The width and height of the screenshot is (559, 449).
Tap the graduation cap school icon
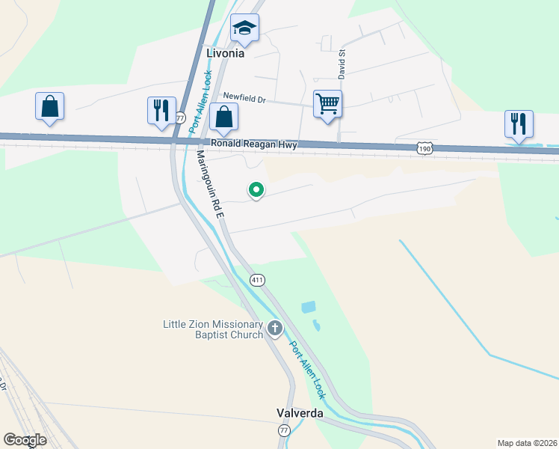click(244, 29)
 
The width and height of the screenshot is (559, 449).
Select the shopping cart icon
click(327, 104)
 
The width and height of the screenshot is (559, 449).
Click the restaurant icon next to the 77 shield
click(161, 111)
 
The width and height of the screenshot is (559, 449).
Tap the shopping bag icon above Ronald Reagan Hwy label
click(223, 117)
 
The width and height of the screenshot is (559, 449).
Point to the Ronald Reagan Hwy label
click(254, 144)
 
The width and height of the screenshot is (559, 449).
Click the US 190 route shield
click(424, 150)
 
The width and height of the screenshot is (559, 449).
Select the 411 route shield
click(257, 280)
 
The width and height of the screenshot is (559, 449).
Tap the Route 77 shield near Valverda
click(283, 430)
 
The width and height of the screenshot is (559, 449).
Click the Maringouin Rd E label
click(210, 183)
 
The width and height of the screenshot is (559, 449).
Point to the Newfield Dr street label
click(244, 98)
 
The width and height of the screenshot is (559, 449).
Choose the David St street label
click(342, 64)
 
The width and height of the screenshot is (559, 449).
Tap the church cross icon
click(275, 328)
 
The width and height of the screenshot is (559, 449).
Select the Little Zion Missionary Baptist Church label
click(214, 329)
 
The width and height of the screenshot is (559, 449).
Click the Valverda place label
click(300, 413)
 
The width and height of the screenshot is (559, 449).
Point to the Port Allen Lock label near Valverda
click(308, 369)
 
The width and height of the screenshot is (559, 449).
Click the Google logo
click(25, 440)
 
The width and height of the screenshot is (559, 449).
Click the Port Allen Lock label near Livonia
click(201, 102)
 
